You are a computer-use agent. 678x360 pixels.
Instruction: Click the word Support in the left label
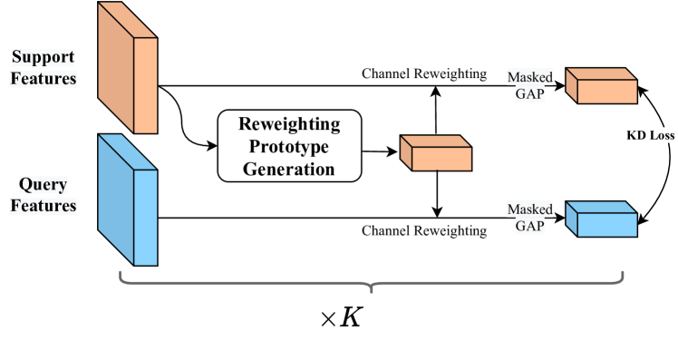pyautogui.click(x=44, y=58)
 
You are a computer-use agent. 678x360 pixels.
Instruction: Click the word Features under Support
pyautogui.click(x=44, y=79)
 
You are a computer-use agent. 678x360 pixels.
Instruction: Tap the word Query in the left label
pyautogui.click(x=44, y=186)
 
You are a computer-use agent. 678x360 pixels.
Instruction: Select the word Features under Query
pyautogui.click(x=44, y=207)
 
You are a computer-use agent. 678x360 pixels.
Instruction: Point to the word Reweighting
pyautogui.click(x=289, y=123)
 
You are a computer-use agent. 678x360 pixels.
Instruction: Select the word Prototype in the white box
pyautogui.click(x=289, y=146)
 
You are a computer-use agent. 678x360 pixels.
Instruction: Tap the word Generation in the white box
pyautogui.click(x=289, y=169)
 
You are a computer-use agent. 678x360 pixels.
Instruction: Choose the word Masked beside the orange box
pyautogui.click(x=529, y=78)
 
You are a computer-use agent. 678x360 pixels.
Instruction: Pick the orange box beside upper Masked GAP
pyautogui.click(x=602, y=87)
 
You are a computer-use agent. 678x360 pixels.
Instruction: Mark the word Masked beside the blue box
pyautogui.click(x=529, y=209)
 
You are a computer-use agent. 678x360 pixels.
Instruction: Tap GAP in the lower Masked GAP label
pyautogui.click(x=529, y=227)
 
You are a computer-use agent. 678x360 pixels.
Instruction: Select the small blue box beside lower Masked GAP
pyautogui.click(x=602, y=220)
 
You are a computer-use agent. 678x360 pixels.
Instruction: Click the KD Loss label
pyautogui.click(x=650, y=135)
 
